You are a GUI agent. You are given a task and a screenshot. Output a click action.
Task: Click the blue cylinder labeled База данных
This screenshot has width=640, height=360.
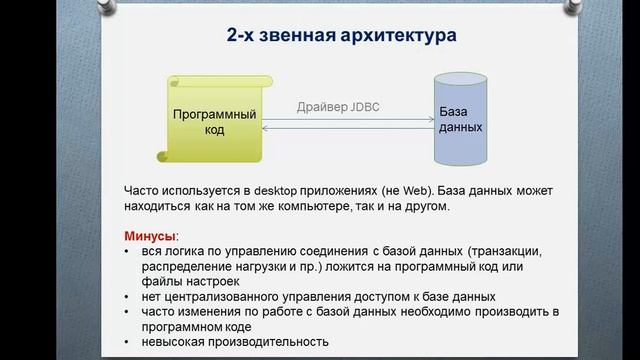459,119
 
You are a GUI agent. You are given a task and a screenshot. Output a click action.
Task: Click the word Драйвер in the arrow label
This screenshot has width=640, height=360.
320,107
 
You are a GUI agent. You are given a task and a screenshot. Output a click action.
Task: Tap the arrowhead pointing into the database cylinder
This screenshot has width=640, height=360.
427,121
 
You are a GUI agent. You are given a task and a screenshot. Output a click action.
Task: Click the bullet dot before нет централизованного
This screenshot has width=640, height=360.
128,297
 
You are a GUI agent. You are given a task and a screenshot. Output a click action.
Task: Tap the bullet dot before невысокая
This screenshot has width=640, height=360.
128,342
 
